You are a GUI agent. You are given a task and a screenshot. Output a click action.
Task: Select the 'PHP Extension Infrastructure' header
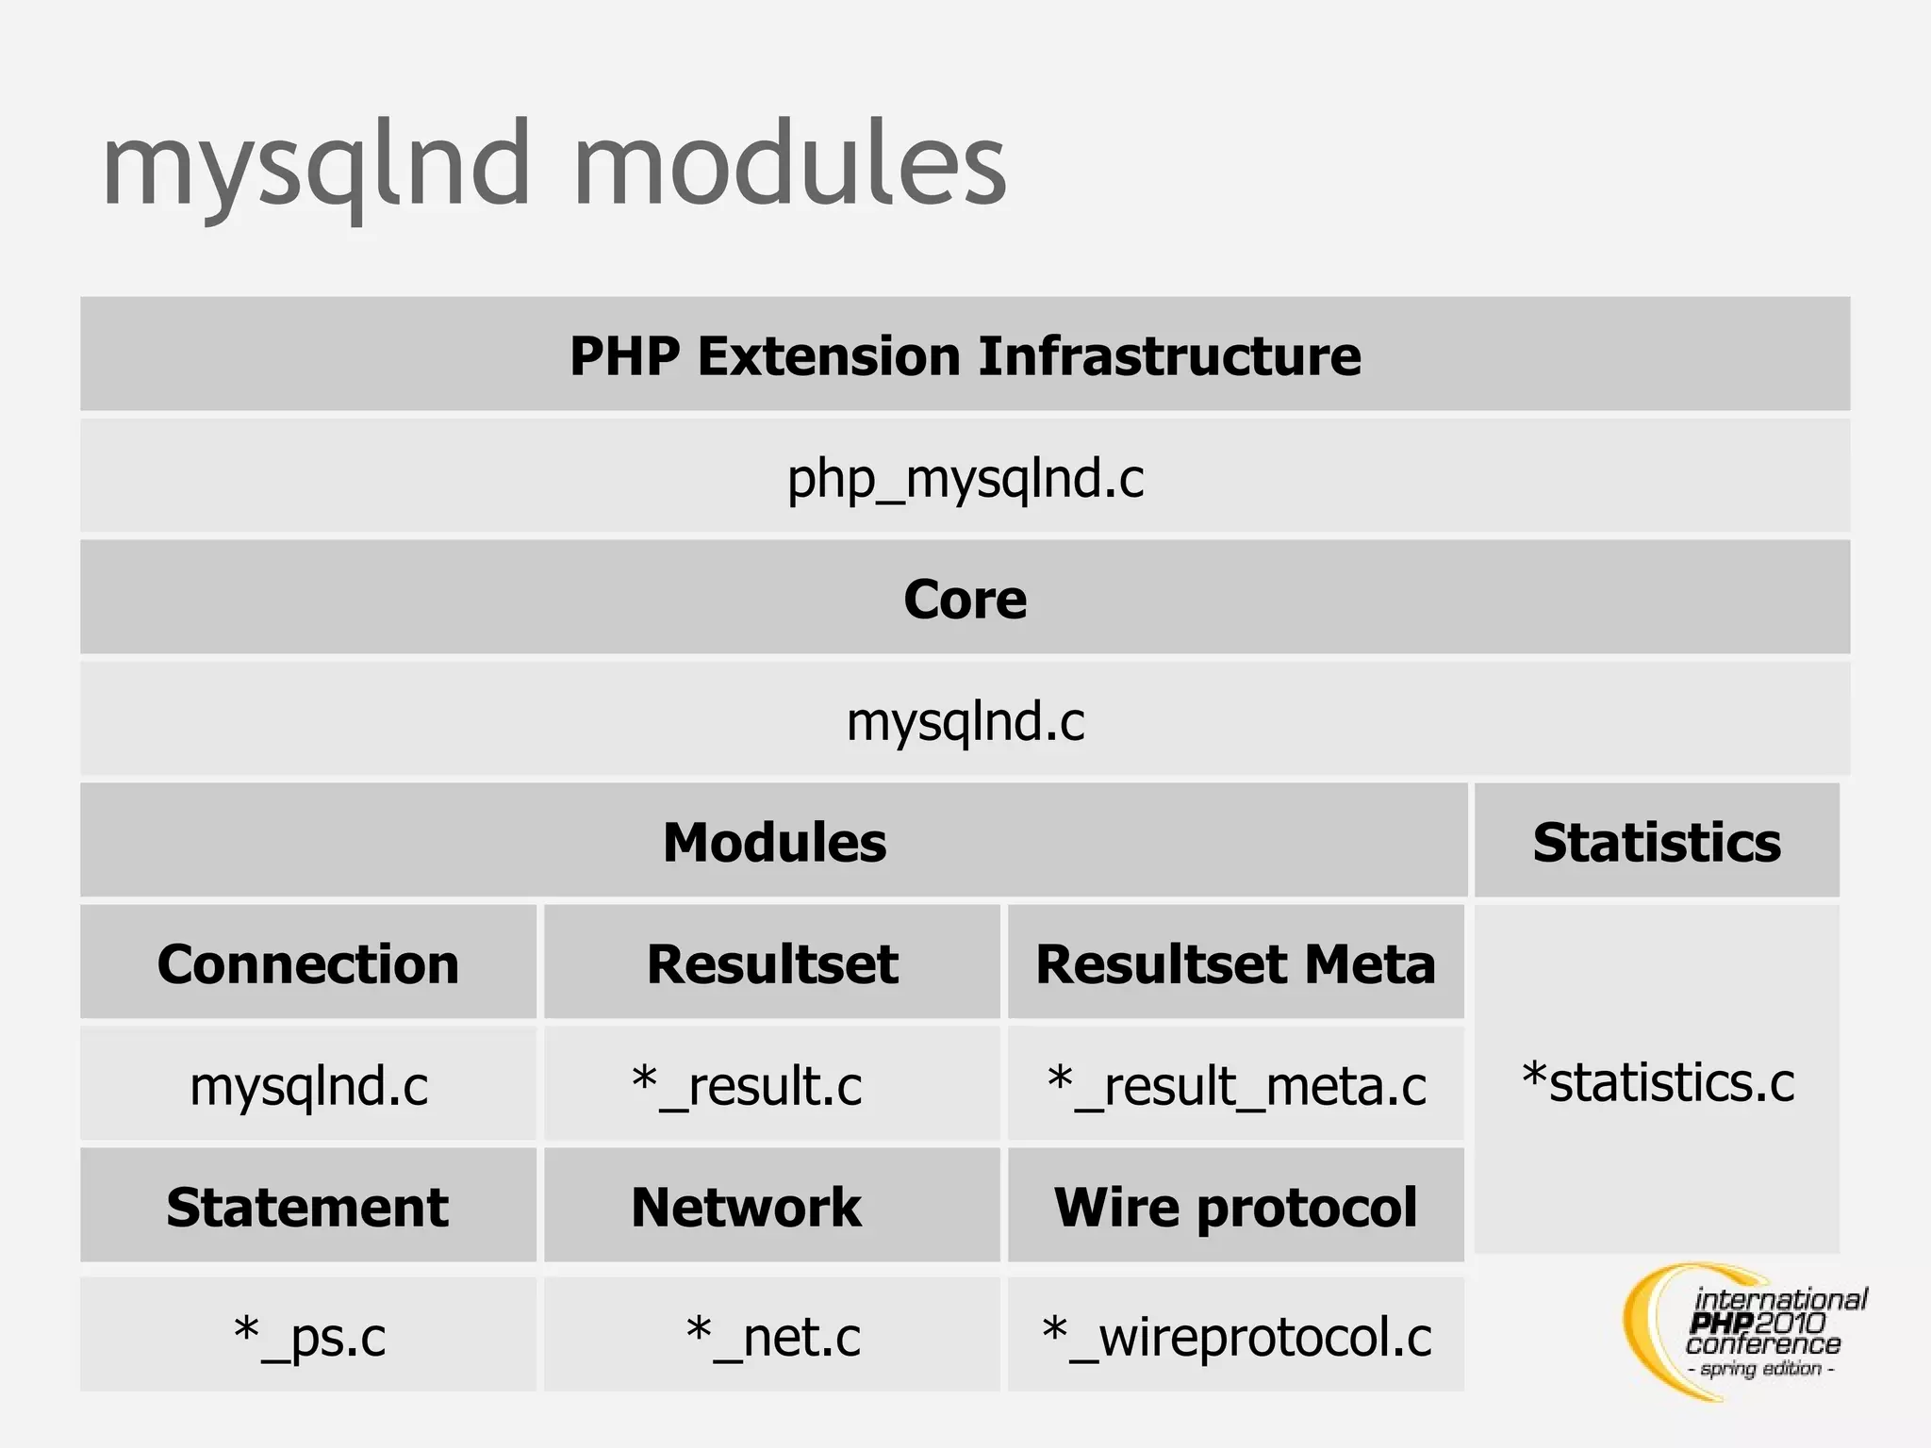(x=965, y=355)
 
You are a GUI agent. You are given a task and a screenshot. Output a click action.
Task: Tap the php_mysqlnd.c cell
(x=965, y=478)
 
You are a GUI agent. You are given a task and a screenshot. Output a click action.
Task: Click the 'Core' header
(x=965, y=599)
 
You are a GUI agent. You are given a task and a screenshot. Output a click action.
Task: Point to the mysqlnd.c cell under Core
(x=965, y=721)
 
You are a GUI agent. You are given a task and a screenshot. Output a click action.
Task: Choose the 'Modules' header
(x=774, y=842)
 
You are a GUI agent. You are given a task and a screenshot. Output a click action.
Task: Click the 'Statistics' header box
(x=1657, y=842)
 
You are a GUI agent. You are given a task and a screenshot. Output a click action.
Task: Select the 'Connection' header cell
(x=308, y=963)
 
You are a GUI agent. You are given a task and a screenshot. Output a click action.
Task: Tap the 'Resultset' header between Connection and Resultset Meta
(x=772, y=963)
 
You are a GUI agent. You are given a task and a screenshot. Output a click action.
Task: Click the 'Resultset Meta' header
(x=1235, y=963)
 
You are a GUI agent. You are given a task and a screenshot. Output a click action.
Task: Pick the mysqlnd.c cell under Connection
(x=308, y=1085)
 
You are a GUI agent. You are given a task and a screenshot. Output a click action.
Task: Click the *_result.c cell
(x=748, y=1085)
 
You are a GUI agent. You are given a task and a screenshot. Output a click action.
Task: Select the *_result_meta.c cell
(x=1236, y=1085)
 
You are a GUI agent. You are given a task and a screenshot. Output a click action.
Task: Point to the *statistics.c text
(x=1658, y=1081)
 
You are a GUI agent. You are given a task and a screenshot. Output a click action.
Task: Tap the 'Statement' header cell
(x=308, y=1207)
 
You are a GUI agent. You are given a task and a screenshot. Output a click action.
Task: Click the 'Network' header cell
(x=746, y=1207)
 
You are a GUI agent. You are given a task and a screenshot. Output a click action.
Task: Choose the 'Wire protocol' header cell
(x=1235, y=1207)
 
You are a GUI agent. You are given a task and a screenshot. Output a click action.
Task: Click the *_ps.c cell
(x=309, y=1336)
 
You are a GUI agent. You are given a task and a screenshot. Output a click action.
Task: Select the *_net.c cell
(x=773, y=1336)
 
